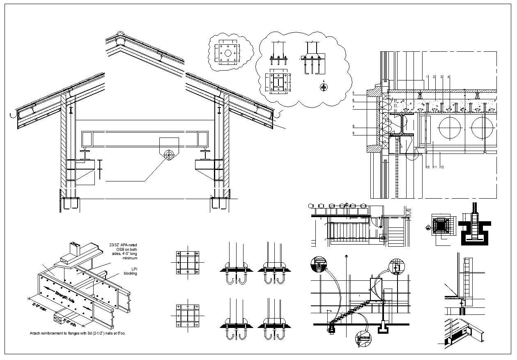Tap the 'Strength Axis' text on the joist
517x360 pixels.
point(65,299)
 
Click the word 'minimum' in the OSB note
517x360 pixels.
point(130,258)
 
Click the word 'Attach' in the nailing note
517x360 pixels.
point(35,333)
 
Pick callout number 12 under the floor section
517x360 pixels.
point(442,167)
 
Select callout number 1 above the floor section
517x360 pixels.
point(427,77)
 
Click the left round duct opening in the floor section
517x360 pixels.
point(450,128)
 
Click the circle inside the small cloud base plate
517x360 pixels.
point(228,53)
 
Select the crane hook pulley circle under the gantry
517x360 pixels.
point(168,155)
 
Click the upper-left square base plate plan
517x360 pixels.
point(188,262)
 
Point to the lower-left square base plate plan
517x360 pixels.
point(188,315)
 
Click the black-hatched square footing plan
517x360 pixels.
point(442,226)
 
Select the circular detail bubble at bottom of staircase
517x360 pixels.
point(363,339)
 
